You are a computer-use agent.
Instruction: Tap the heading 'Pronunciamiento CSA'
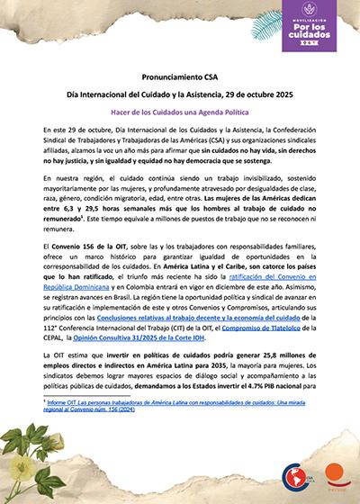tap(180, 78)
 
